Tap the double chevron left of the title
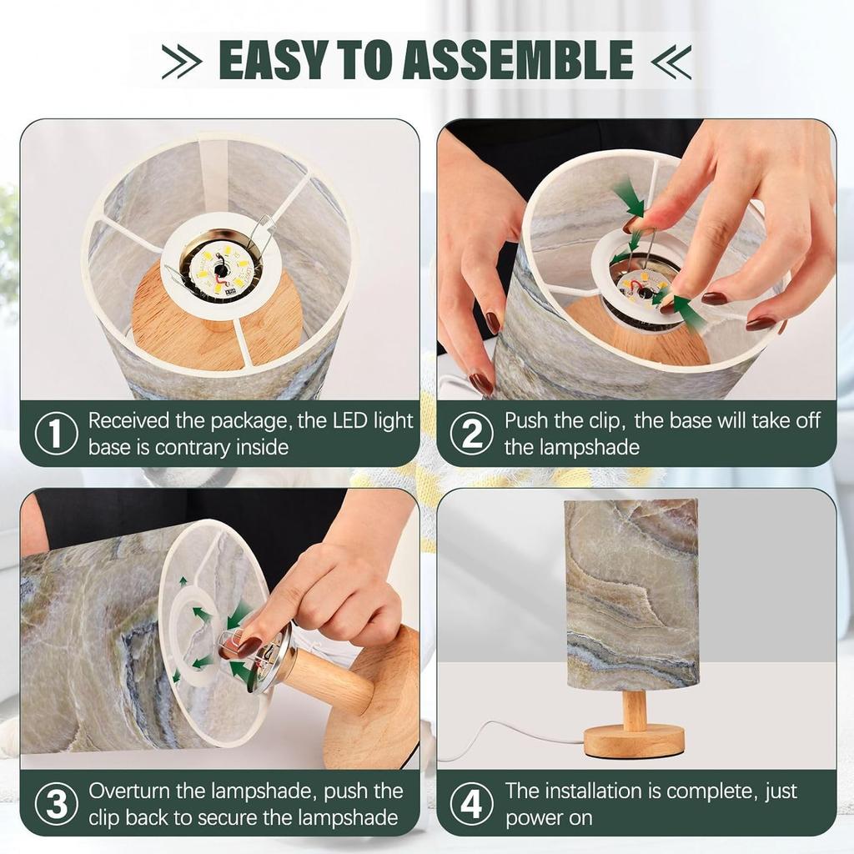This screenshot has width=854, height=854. point(182,61)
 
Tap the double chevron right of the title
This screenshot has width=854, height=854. point(671,61)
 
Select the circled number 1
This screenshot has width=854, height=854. point(56,434)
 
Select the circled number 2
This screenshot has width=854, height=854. point(472,434)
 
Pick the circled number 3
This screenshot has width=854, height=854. point(56,804)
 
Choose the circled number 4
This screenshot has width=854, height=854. point(472,804)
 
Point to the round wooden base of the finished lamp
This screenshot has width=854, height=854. point(634,741)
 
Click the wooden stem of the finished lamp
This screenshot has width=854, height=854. point(635,706)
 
